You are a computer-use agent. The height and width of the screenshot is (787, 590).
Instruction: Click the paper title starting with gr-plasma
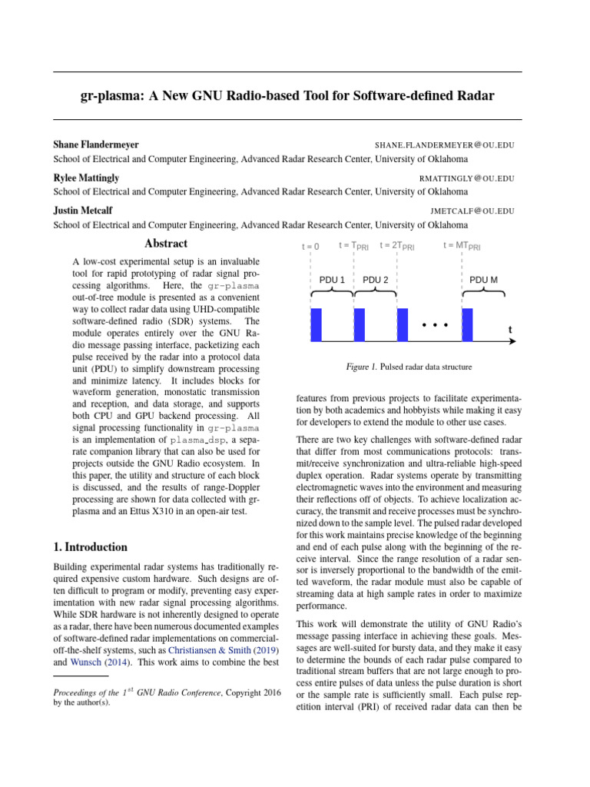(x=287, y=96)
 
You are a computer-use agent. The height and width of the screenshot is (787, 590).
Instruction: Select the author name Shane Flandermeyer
(x=96, y=144)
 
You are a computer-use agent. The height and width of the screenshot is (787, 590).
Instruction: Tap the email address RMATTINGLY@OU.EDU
(x=466, y=178)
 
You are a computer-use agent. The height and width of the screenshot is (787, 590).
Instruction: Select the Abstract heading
(x=166, y=244)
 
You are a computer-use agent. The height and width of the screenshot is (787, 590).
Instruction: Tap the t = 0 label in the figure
(x=310, y=247)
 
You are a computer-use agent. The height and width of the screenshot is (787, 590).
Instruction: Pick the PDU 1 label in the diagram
(x=332, y=281)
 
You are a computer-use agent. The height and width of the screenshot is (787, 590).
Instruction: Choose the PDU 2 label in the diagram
(x=375, y=281)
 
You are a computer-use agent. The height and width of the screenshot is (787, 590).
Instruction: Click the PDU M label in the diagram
(x=483, y=281)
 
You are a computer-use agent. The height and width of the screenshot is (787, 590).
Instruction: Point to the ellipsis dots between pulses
(x=435, y=325)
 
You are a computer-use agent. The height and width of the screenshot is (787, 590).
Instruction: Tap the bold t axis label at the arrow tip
(x=510, y=330)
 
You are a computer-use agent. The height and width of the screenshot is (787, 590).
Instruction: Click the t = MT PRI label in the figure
(x=462, y=246)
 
